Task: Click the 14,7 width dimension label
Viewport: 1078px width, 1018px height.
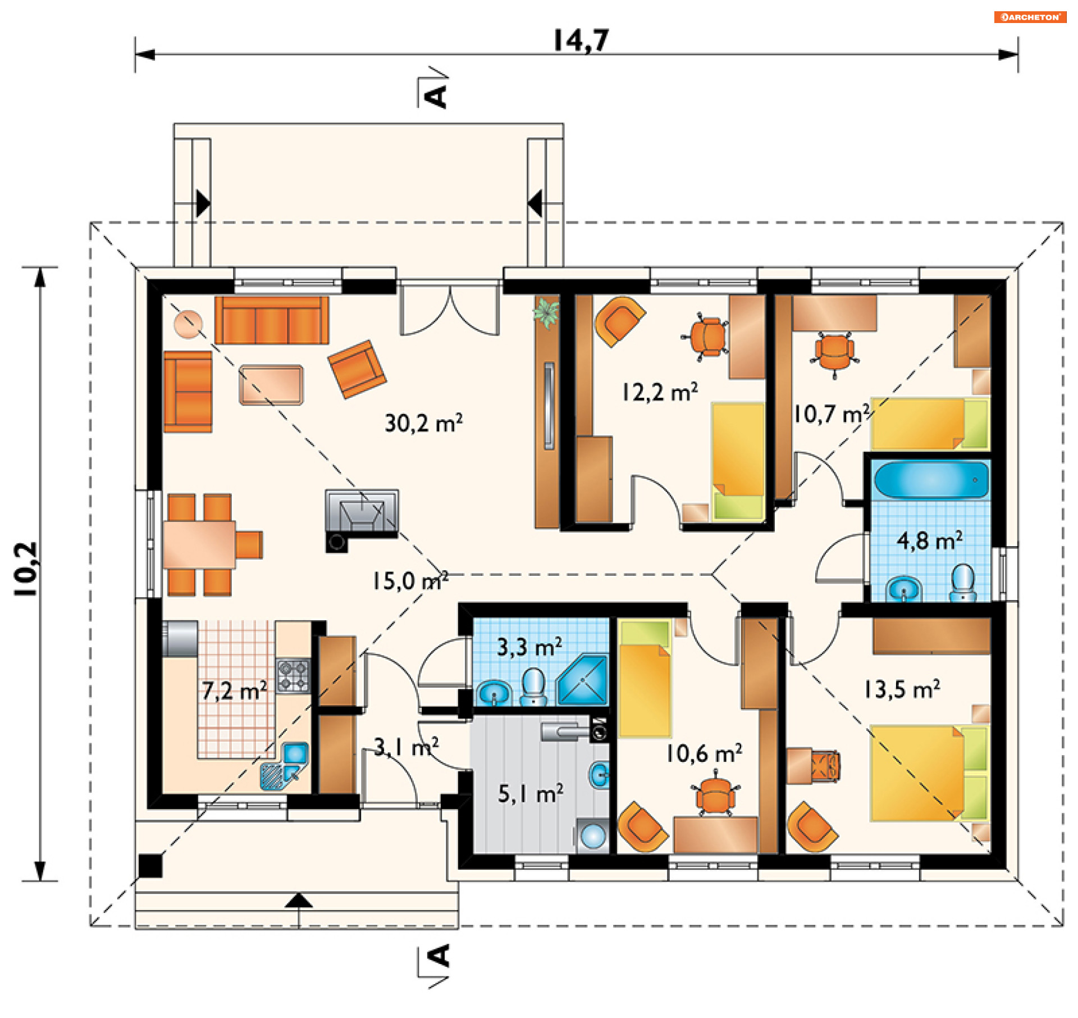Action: point(581,40)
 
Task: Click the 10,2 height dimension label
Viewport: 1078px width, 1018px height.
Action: point(26,569)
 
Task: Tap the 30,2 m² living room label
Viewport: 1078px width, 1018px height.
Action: point(424,423)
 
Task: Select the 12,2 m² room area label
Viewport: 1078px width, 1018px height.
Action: point(660,392)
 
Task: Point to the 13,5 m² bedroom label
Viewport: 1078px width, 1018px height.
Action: point(902,689)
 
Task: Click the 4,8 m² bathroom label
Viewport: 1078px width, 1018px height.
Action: point(930,540)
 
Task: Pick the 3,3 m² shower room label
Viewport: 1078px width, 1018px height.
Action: point(529,647)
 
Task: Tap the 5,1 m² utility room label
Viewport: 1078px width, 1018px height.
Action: point(531,794)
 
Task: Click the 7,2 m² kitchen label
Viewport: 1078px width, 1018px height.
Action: point(235,690)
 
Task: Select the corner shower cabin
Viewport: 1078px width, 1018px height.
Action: point(583,680)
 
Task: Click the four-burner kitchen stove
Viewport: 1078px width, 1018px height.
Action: point(293,675)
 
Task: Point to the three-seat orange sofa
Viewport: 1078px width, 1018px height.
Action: point(272,320)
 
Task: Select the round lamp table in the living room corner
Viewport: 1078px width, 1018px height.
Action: point(188,324)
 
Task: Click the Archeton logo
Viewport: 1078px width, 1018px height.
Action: point(1030,17)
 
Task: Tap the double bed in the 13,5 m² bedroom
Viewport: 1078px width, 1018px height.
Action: point(930,773)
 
